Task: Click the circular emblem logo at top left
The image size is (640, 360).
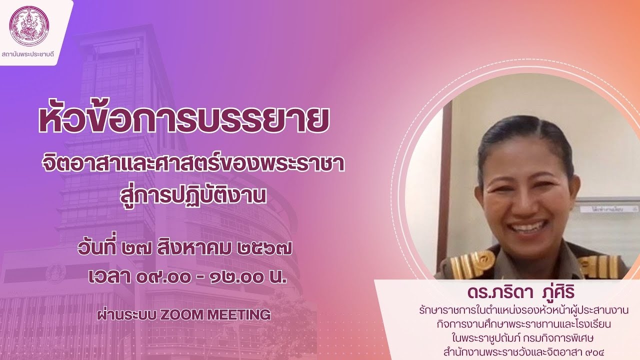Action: (29, 25)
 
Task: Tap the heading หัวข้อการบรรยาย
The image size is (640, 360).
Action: (183, 119)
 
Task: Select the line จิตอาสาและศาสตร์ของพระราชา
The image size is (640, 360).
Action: (193, 165)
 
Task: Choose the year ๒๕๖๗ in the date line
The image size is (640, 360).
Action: (264, 248)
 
